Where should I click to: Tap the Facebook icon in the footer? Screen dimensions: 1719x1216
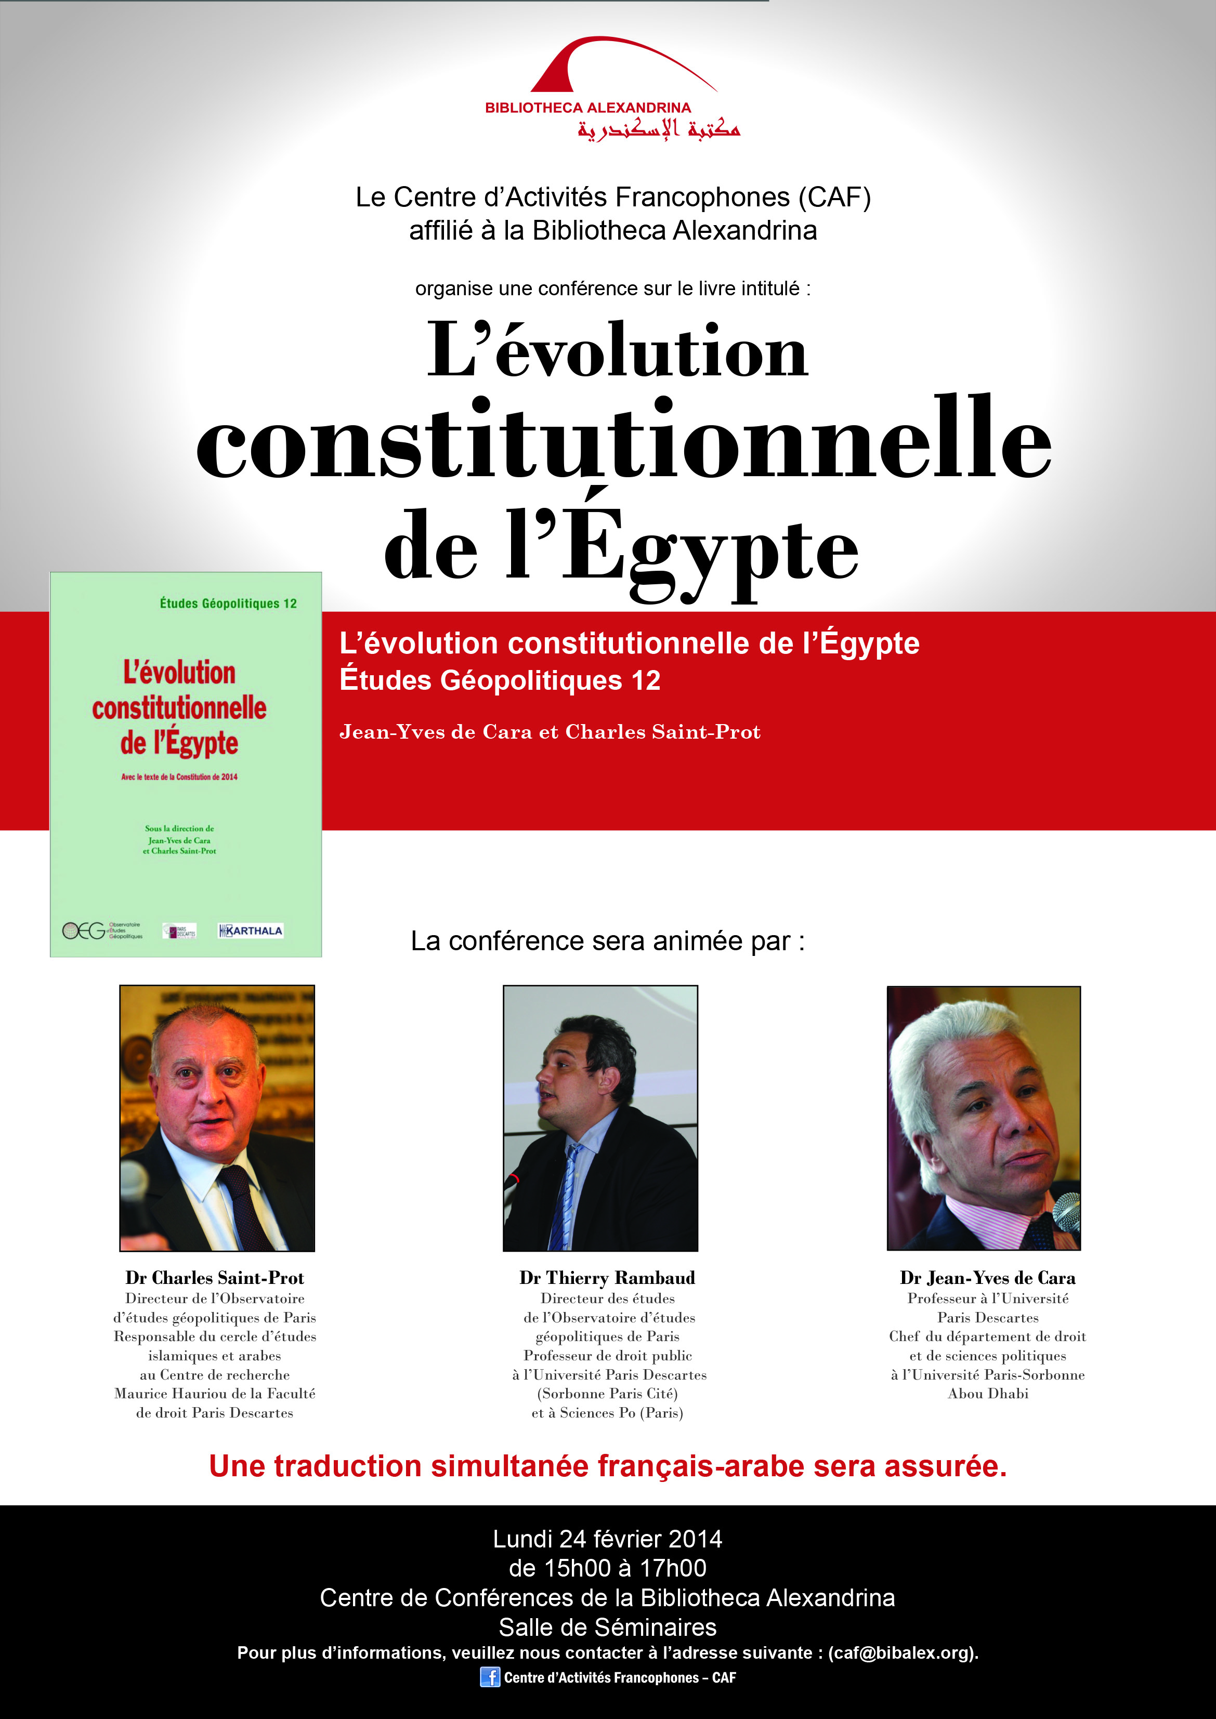click(x=490, y=1677)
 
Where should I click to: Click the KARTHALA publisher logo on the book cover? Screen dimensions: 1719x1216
click(x=250, y=930)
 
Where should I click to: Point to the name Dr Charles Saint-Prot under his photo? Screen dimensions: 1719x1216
click(x=215, y=1278)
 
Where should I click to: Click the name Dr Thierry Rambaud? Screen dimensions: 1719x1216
click(x=607, y=1278)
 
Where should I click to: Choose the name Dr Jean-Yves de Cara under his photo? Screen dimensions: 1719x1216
click(x=988, y=1278)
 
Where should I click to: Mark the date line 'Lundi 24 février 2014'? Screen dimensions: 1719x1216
click(x=607, y=1539)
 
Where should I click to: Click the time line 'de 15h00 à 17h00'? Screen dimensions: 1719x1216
click(x=607, y=1568)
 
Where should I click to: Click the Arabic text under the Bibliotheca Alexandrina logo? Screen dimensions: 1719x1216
click(x=659, y=129)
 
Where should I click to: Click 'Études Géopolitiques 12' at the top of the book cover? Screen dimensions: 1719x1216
click(x=228, y=603)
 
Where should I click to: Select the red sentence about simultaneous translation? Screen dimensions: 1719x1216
click(x=607, y=1466)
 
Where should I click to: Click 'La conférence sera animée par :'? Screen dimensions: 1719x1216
click(x=607, y=941)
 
